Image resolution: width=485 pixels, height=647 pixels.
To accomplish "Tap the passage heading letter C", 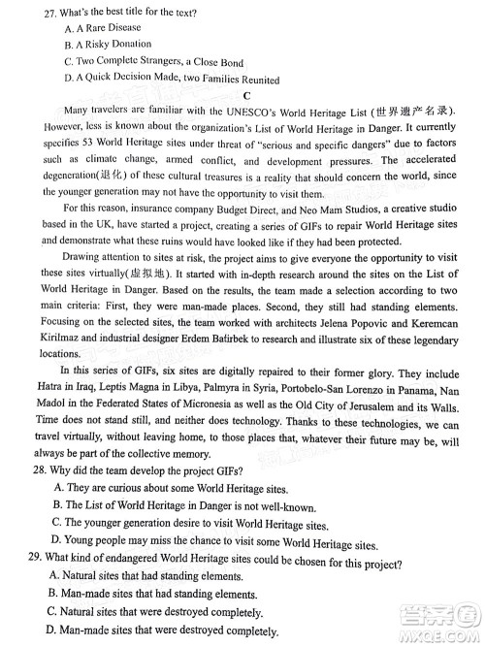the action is (x=248, y=95).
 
